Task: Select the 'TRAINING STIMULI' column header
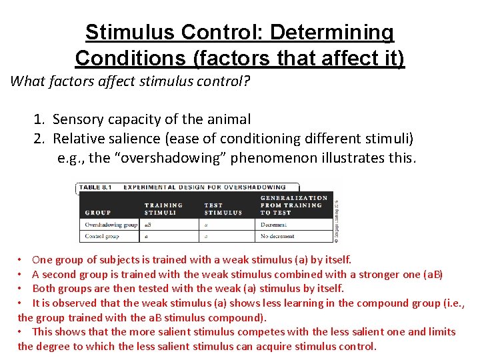[x=163, y=209]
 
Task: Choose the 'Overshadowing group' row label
[x=111, y=225]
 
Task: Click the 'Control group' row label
[x=102, y=236]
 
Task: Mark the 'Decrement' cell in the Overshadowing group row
[x=274, y=225]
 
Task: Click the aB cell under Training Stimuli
[x=148, y=225]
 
